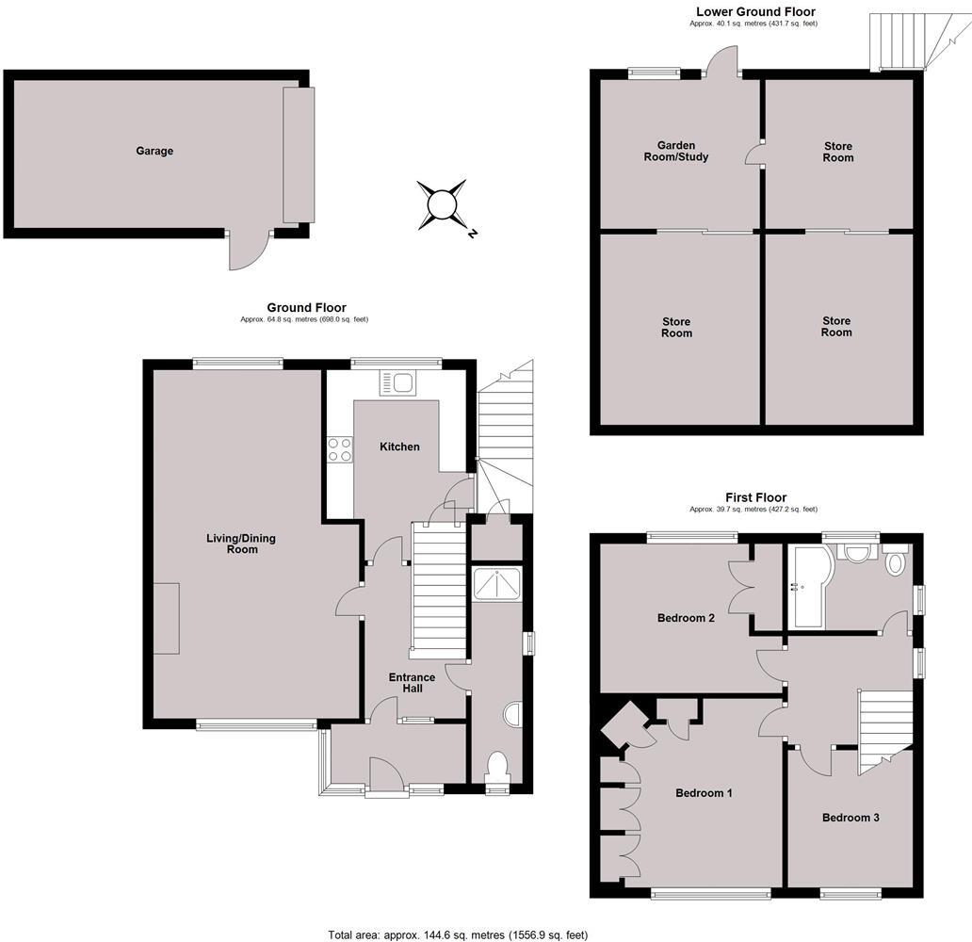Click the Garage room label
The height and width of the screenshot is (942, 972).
pos(154,151)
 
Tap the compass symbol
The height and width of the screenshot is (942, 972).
pos(442,205)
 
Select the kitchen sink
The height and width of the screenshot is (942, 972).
pos(397,383)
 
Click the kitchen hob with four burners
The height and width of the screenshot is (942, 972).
pos(340,449)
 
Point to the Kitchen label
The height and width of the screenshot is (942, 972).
pos(400,447)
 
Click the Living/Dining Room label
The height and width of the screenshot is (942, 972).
pos(241,544)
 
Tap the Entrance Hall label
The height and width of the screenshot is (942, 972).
pos(413,683)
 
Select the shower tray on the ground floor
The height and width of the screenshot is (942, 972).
pos(497,584)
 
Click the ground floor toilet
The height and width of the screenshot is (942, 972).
pos(498,767)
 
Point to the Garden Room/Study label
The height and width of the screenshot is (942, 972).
pos(675,152)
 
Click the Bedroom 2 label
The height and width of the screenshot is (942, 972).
pos(687,618)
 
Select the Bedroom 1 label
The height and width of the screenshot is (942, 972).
pos(705,792)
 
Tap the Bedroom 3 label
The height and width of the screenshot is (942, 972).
pos(850,818)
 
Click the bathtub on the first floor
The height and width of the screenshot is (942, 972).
pos(807,587)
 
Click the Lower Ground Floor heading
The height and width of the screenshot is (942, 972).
pos(755,11)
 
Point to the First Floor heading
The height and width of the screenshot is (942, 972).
pos(755,497)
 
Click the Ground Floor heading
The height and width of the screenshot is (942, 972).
pos(306,308)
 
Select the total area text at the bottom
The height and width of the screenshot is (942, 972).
pos(458,934)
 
